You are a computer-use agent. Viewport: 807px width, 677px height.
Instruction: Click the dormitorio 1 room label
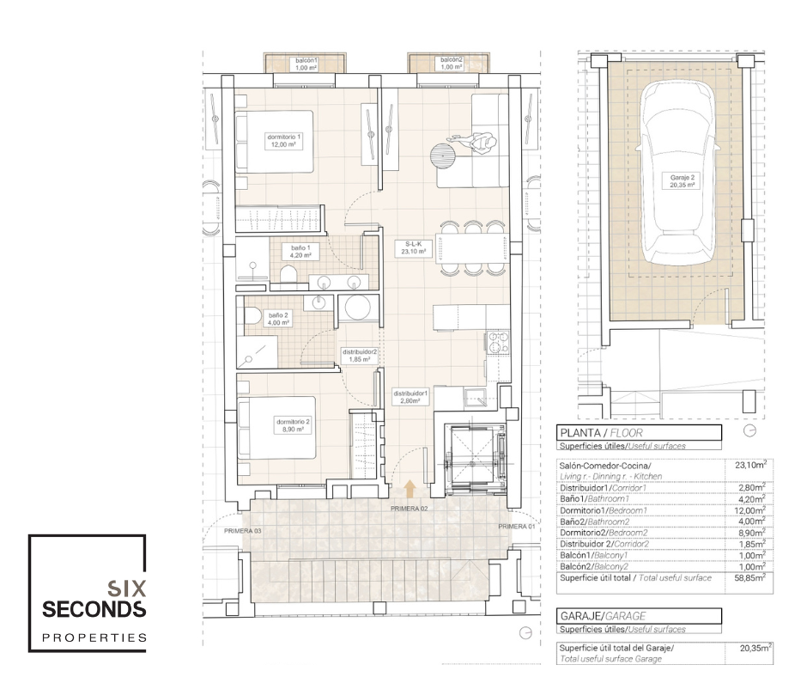click(283, 141)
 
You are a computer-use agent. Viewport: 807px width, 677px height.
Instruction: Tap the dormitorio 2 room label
click(293, 425)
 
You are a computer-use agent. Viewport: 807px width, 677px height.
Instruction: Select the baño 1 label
click(300, 252)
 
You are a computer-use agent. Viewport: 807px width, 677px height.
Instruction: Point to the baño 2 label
click(278, 319)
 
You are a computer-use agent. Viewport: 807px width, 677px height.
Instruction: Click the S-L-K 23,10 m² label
click(413, 247)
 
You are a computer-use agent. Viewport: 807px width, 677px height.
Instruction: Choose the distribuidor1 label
click(410, 397)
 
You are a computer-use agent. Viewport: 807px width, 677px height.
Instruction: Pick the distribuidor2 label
click(360, 356)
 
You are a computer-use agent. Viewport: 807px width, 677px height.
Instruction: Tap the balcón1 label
click(306, 64)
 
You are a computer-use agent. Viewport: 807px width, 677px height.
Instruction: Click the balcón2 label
click(452, 64)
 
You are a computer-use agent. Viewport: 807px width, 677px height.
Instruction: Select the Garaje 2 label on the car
click(682, 180)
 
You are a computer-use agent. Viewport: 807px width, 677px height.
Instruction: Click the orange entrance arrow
click(410, 489)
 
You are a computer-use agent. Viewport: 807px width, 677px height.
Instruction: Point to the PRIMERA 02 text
click(410, 509)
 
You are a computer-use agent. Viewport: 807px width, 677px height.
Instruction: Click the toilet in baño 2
click(252, 314)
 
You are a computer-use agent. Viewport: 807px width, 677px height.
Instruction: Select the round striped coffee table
click(443, 154)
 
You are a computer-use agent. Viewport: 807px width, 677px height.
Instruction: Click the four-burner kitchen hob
click(498, 343)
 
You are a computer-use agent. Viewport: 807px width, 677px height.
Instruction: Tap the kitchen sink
click(475, 397)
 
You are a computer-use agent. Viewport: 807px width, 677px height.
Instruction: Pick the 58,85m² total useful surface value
click(753, 577)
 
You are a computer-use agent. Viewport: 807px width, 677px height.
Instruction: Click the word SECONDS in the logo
click(94, 609)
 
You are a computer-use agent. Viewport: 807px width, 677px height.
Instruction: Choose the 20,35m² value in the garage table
click(755, 648)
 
